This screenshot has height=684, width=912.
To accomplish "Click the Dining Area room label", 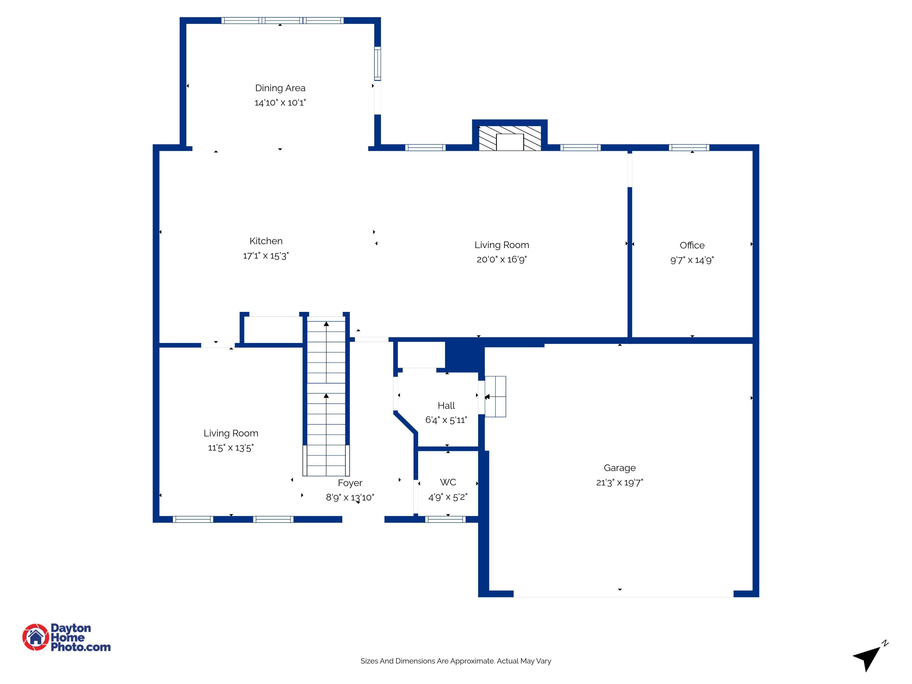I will point(280,88).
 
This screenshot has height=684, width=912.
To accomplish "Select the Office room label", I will point(692,245).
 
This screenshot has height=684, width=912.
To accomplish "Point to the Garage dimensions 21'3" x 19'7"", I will point(619,482).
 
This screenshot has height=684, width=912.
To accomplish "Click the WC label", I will point(448,482).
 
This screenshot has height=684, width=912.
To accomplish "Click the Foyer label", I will point(350,483).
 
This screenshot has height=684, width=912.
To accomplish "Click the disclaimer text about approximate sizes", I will point(456,661).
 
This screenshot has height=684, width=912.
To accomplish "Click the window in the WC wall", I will point(445,520).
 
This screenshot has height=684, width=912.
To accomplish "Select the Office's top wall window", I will point(689,148).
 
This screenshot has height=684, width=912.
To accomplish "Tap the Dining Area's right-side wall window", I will point(377,64).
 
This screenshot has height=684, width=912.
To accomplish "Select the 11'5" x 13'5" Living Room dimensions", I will point(230,448).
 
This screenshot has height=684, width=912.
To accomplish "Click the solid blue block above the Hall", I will point(464,355).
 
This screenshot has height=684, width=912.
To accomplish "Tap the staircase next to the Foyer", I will point(326,396).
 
